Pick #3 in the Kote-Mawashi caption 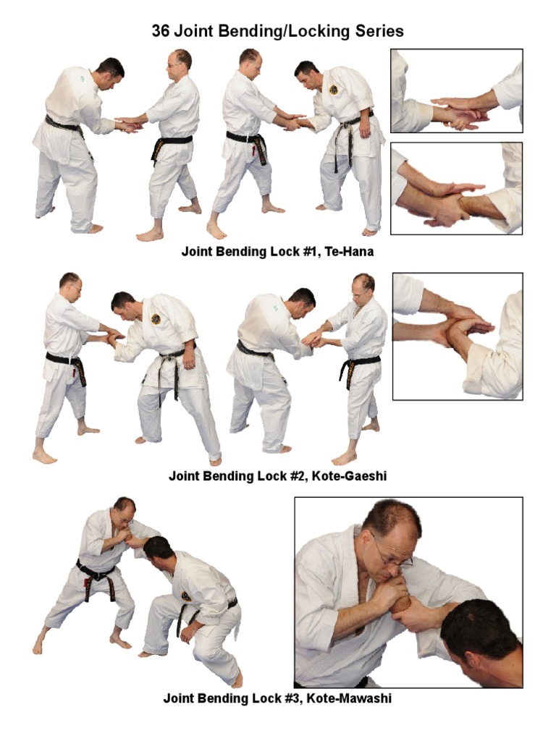(292, 698)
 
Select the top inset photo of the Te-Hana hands (457, 90)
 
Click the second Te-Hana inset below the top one (457, 189)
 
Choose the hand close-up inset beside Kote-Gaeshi (458, 336)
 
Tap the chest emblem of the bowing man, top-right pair (335, 89)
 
